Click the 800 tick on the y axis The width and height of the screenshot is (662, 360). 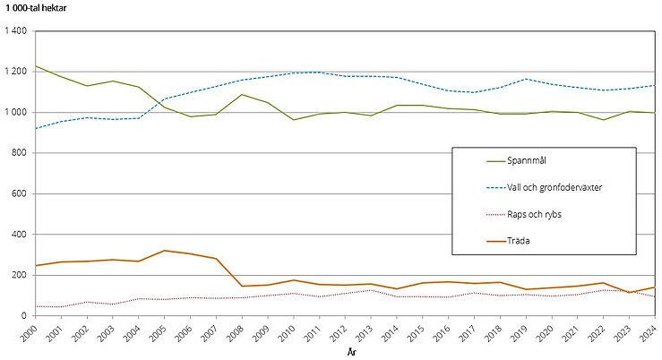[x=20, y=153]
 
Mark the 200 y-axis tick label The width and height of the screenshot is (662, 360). [x=20, y=275]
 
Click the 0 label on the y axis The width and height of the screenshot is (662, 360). [x=24, y=316]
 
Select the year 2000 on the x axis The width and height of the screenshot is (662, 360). [x=30, y=333]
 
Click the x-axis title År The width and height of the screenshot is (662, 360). [x=351, y=353]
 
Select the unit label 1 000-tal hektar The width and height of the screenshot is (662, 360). [x=39, y=8]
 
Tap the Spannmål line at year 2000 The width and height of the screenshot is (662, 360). [x=36, y=66]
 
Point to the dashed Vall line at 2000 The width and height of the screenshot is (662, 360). [x=36, y=128]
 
